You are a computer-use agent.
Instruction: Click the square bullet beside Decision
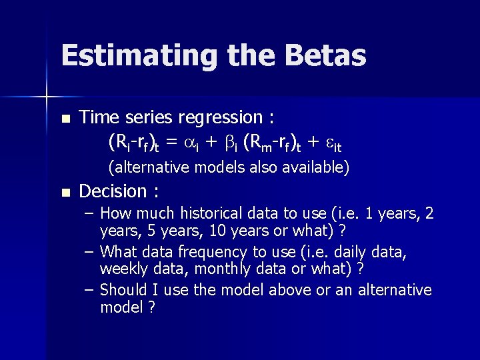click(65, 193)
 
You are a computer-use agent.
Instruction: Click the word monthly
click(199, 271)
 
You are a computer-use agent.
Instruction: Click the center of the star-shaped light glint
click(46, 97)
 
